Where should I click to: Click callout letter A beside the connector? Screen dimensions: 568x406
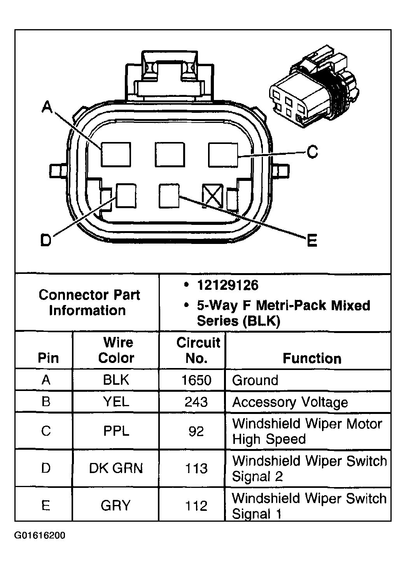(x=47, y=107)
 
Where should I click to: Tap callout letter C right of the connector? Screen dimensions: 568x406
(x=312, y=151)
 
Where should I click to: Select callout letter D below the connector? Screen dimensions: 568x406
(x=46, y=240)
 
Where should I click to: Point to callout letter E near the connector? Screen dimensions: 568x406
(x=312, y=240)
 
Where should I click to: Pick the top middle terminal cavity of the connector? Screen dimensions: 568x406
(x=170, y=154)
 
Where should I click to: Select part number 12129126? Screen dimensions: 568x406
(x=227, y=286)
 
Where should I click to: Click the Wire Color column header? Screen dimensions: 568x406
(x=116, y=350)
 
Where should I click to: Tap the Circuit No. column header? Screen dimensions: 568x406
(x=198, y=350)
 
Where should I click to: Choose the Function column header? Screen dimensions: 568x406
(x=312, y=358)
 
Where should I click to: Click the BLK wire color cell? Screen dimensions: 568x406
(x=116, y=380)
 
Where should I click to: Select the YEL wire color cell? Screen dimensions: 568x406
(x=116, y=401)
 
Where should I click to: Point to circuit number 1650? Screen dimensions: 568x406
(x=196, y=380)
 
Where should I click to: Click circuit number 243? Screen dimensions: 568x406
(x=196, y=402)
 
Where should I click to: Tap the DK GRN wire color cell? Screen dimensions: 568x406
(x=116, y=468)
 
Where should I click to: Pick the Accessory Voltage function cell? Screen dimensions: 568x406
(x=290, y=402)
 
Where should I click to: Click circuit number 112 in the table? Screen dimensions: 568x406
(x=196, y=506)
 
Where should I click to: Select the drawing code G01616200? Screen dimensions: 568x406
(x=40, y=536)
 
